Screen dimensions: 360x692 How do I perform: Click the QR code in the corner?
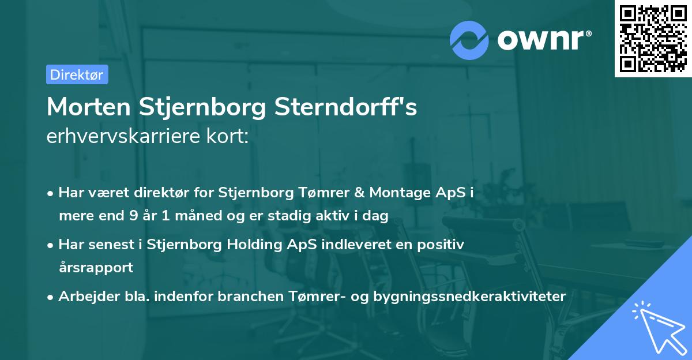(653, 39)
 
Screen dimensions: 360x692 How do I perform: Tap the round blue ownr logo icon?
(469, 40)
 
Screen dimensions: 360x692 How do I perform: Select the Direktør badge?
(77, 74)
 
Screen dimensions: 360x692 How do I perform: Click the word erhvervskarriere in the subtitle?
(122, 136)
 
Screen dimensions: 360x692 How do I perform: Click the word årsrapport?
(96, 267)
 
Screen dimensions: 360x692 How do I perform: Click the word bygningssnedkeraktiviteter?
(470, 296)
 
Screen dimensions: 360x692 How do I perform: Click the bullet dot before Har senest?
(51, 245)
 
